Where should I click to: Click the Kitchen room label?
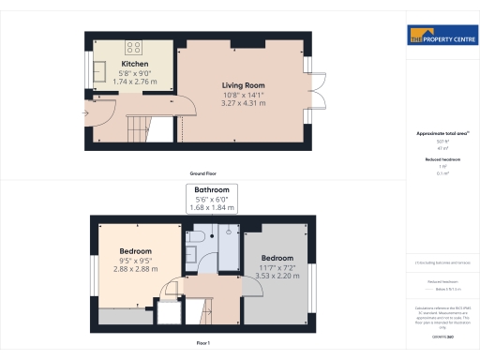tap(134, 64)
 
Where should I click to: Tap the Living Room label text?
tap(243, 85)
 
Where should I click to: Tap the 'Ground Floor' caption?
tap(203, 174)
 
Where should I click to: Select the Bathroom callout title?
tap(211, 190)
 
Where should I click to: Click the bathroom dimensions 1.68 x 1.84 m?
tap(211, 206)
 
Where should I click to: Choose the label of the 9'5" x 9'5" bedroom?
tap(136, 251)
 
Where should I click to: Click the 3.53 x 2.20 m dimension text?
tap(277, 276)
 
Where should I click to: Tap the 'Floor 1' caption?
tap(203, 344)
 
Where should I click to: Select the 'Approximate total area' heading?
tap(437, 134)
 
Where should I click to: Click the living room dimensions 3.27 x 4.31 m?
tap(244, 103)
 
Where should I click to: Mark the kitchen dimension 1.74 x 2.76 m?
tap(134, 82)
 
